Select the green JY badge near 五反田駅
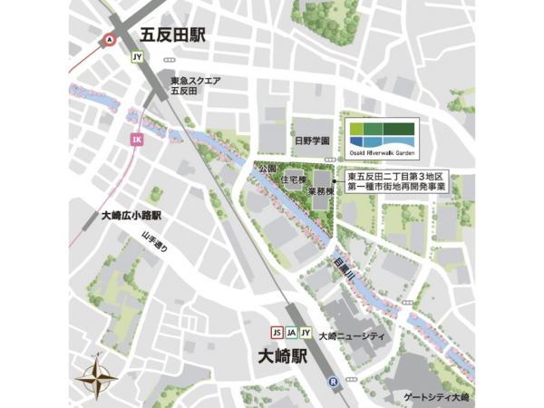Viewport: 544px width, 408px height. pos(138,57)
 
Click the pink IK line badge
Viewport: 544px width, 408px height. pos(137,139)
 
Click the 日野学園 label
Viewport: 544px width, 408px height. pos(310,141)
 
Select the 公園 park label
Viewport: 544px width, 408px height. pos(266,170)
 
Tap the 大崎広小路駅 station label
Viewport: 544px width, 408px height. pos(130,217)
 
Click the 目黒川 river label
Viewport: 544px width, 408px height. pos(342,268)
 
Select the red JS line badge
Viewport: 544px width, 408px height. pos(278,332)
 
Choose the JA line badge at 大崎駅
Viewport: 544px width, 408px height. pos(292,332)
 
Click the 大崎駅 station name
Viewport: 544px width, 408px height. pos(283,355)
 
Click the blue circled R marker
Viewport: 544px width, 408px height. pos(334,381)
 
